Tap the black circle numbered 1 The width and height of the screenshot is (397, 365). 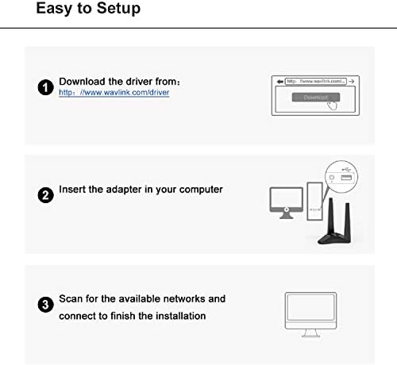tap(46, 87)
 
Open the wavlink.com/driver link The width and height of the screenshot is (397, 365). tap(114, 93)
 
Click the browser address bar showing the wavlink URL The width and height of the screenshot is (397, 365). tap(315, 80)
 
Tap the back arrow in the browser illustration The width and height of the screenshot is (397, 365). tap(278, 80)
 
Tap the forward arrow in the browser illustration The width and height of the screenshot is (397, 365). tap(352, 80)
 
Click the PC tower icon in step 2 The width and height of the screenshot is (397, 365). tap(314, 203)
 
